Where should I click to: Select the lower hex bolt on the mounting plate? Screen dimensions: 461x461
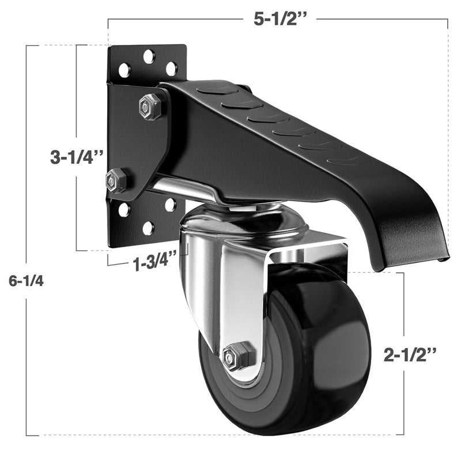(117, 180)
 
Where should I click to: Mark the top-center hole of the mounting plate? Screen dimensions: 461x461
(149, 56)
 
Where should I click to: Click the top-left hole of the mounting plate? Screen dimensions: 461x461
(124, 70)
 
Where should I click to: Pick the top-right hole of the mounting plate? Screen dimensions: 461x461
(171, 68)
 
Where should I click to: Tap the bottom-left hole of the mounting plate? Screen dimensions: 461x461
(124, 210)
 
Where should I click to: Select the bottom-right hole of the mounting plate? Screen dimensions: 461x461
(171, 204)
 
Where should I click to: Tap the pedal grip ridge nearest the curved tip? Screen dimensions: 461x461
(349, 160)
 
